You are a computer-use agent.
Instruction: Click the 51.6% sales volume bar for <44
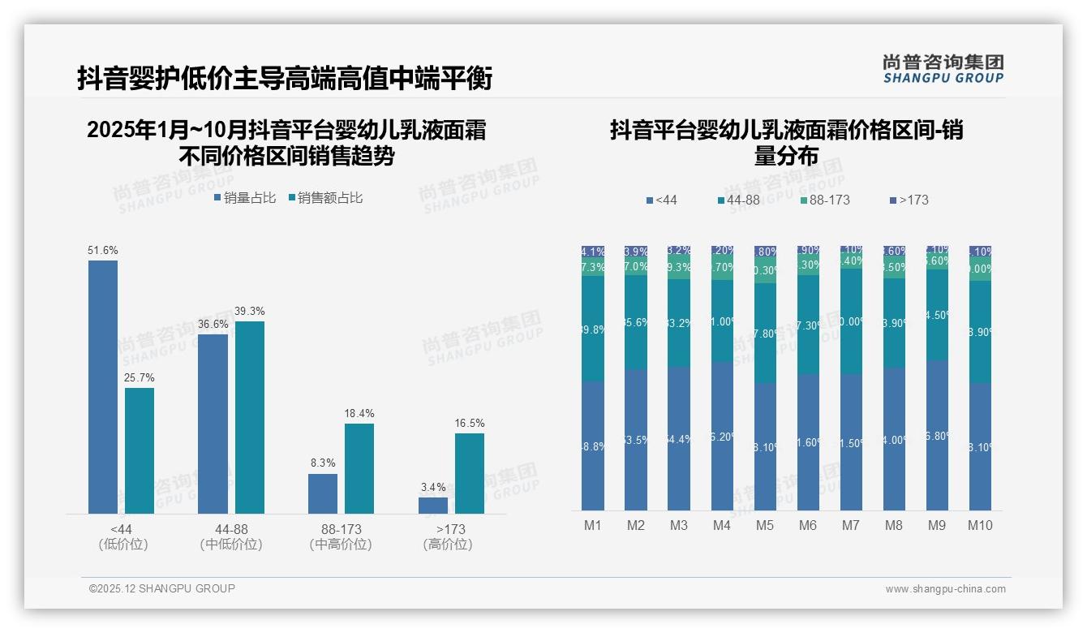pos(103,386)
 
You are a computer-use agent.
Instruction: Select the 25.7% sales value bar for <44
pos(140,450)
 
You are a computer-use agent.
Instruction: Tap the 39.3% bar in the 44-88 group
pos(250,417)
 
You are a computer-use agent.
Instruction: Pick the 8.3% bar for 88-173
pos(323,493)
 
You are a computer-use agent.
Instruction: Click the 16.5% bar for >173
pos(470,473)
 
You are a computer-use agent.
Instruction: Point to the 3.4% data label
pos(433,488)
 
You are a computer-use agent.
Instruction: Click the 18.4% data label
pos(359,414)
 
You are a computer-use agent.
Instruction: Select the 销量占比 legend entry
pos(245,198)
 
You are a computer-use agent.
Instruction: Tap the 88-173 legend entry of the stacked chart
pos(824,200)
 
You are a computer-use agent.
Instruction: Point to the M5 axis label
pos(765,526)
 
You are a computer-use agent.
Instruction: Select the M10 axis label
pos(980,526)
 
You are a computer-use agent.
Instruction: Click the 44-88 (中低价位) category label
pos(231,536)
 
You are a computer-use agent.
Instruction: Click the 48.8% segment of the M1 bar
pos(593,446)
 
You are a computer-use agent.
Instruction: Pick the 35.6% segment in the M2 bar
pos(636,322)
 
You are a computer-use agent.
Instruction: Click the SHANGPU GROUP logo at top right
pos(943,69)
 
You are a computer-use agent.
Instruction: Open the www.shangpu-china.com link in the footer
pos(945,589)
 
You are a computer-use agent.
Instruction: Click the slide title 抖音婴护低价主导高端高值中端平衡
pos(285,79)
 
